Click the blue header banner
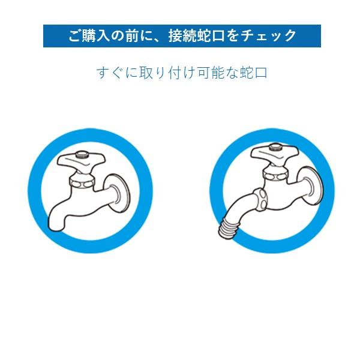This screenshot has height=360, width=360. coord(182,36)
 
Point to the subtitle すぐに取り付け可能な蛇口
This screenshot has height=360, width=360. coord(182,73)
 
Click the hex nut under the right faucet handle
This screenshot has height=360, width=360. coord(275,174)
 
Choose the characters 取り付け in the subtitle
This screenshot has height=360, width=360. coord(155,73)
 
